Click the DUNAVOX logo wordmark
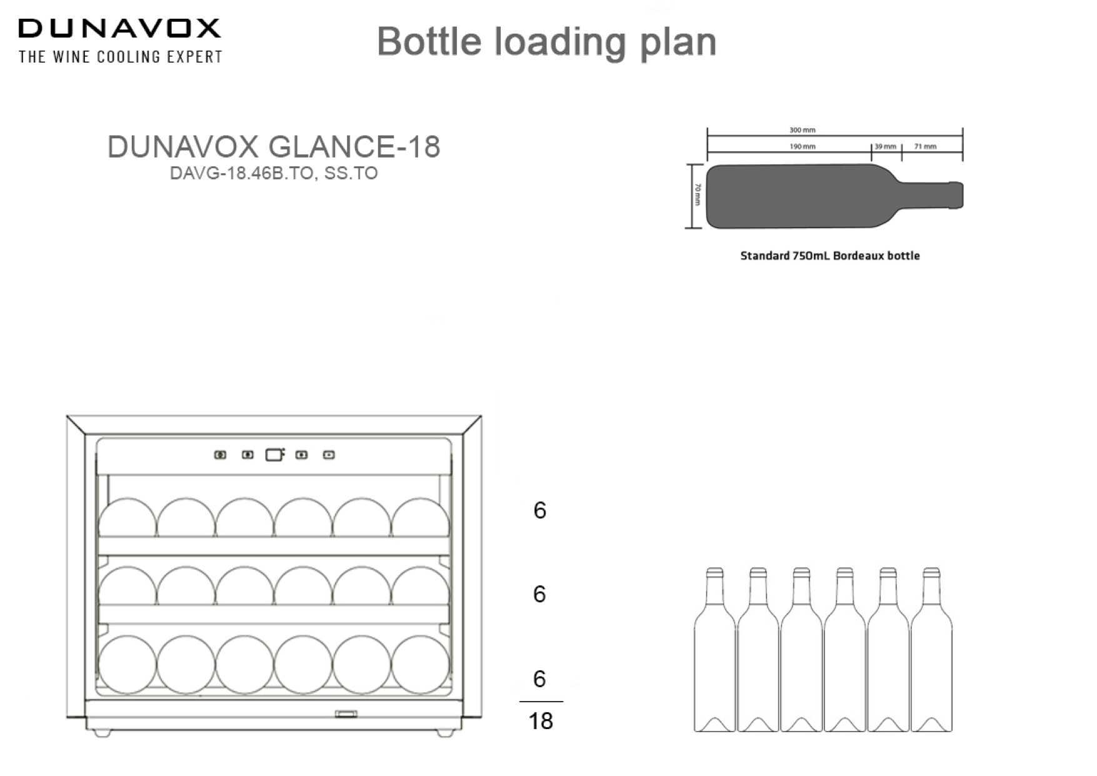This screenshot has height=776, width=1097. (119, 29)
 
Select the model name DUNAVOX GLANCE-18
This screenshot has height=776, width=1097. (274, 147)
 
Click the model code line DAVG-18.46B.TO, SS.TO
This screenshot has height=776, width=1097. (274, 173)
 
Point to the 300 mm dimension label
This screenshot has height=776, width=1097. (802, 130)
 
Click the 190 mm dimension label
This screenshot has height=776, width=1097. (802, 146)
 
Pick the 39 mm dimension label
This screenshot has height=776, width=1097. (885, 146)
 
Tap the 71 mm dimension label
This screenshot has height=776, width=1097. (925, 146)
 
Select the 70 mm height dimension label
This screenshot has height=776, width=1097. (698, 195)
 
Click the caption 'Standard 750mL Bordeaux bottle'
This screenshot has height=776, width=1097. (829, 256)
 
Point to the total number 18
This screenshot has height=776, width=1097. (541, 721)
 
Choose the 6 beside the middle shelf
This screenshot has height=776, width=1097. (539, 594)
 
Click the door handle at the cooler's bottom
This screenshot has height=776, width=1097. (346, 713)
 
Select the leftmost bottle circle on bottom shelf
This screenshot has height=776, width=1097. (128, 665)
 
